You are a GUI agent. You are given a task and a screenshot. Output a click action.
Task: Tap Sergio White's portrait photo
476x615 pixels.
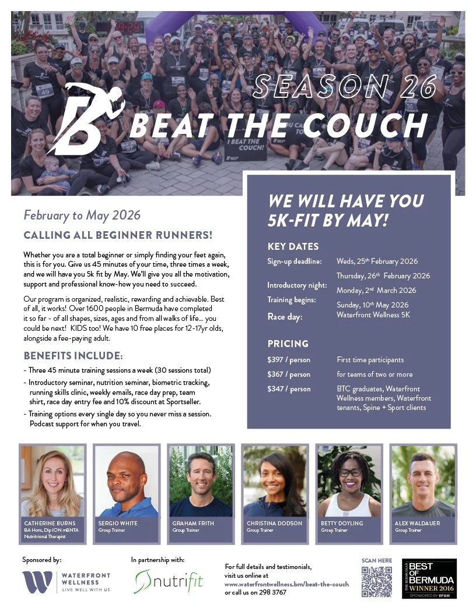126,481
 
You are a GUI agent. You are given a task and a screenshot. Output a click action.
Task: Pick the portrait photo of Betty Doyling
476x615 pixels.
349,481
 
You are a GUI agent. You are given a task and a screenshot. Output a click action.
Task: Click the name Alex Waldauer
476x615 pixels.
416,523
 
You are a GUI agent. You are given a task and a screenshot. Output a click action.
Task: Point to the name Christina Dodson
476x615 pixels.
274,523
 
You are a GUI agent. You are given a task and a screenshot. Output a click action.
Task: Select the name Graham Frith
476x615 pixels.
193,523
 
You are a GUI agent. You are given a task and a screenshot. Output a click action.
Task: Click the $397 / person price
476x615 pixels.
289,360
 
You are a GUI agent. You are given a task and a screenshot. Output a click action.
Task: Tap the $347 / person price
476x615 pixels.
289,388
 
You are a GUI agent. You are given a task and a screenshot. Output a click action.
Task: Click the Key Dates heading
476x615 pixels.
293,246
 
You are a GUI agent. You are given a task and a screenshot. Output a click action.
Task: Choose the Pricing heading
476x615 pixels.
288,344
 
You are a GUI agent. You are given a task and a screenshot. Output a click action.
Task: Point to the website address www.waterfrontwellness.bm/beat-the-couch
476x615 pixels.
286,584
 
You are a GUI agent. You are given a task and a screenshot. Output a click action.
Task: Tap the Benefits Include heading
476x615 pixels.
73,356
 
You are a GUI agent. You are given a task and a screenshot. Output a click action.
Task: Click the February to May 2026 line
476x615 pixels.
82,215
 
